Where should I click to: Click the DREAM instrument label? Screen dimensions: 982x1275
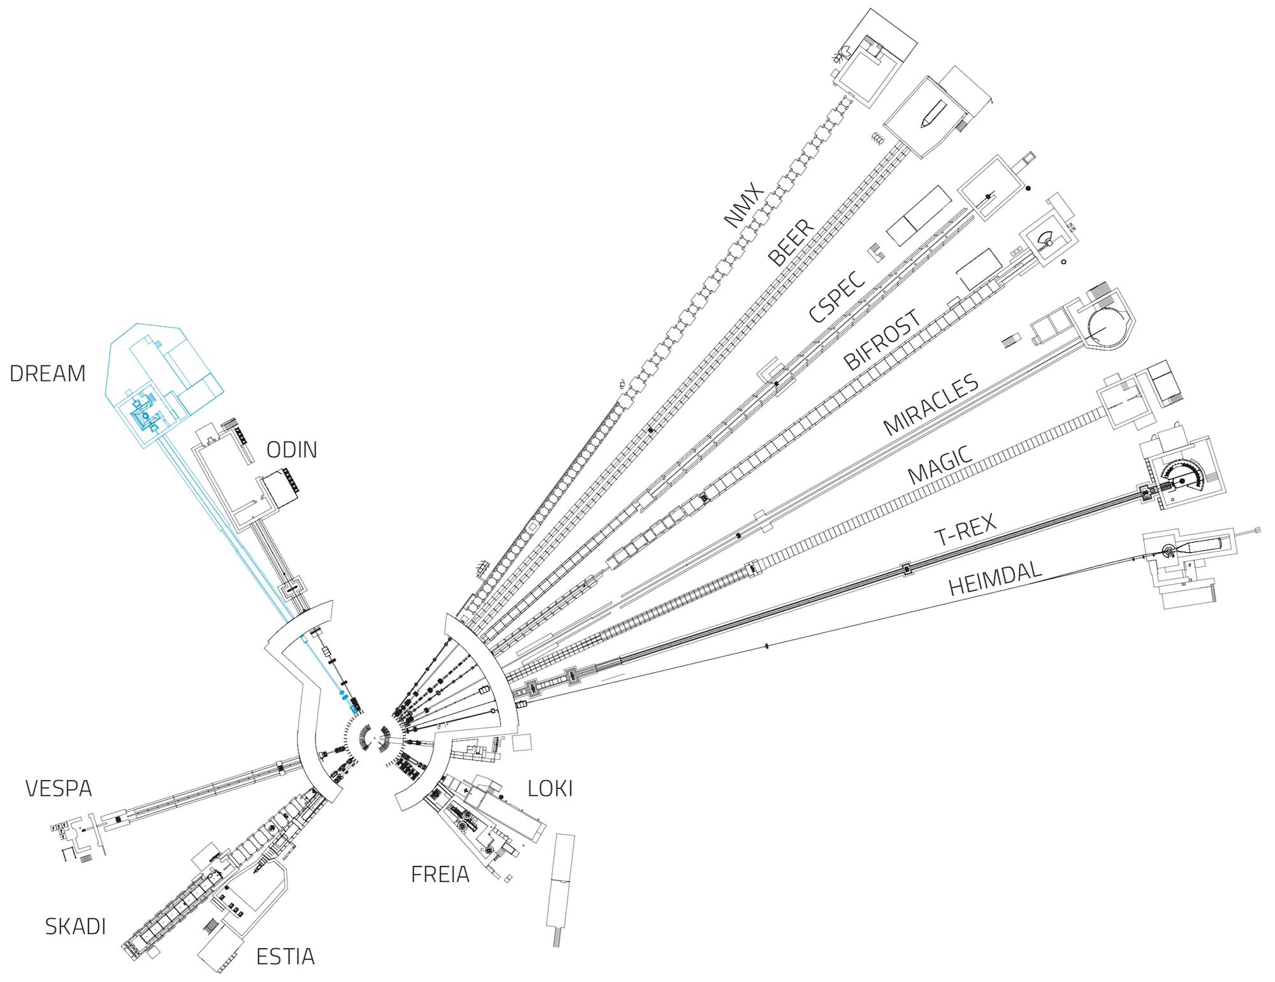48,374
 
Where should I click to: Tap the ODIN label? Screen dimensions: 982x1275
291,450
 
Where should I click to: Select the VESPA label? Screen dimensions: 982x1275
59,789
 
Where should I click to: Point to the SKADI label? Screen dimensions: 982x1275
75,927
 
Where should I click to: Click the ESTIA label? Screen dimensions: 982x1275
285,956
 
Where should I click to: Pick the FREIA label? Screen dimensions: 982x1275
440,874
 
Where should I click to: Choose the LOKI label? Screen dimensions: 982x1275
550,789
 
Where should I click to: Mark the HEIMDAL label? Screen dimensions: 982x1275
995,578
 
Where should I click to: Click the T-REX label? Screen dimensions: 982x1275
965,529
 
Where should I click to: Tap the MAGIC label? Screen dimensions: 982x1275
940,464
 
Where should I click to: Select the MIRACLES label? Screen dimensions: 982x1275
931,404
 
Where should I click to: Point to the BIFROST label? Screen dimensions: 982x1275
882,339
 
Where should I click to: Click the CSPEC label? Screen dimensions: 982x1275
837,296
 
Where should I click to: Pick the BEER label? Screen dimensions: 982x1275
791,242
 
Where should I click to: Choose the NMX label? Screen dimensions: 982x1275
744,205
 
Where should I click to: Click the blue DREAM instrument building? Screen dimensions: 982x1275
164,383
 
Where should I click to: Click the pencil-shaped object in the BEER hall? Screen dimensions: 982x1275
933,114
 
